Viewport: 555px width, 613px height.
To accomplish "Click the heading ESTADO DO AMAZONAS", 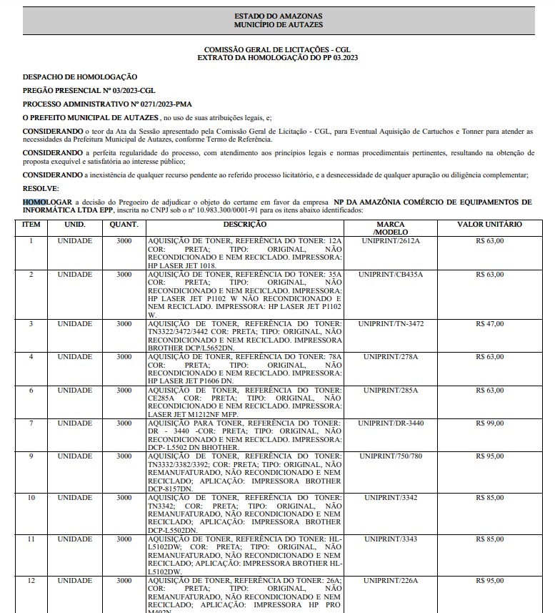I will click(x=278, y=16).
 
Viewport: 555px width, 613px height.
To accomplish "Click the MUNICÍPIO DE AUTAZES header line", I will click(x=278, y=25).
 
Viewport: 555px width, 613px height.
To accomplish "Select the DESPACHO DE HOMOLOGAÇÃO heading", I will click(x=80, y=77).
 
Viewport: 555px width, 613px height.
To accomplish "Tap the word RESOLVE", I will click(x=40, y=187).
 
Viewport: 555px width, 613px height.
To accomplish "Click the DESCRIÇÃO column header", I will click(x=245, y=225).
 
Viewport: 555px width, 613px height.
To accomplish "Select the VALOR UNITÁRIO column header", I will click(x=489, y=225).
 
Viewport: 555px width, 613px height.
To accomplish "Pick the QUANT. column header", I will click(x=124, y=225).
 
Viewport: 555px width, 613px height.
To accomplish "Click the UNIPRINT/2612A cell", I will click(x=391, y=241).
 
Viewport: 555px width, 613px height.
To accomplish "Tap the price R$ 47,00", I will click(x=489, y=324).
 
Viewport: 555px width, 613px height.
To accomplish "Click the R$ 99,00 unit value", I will click(x=489, y=423).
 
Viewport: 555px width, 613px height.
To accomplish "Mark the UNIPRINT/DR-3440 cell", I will click(x=391, y=423).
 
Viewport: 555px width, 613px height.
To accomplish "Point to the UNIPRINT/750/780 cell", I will click(x=391, y=456).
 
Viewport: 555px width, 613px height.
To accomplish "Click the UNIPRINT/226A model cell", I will click(x=391, y=581).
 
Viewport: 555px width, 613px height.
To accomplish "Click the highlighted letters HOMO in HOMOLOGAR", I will click(x=34, y=202).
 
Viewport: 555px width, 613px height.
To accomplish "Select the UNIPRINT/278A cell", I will click(x=391, y=357).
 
